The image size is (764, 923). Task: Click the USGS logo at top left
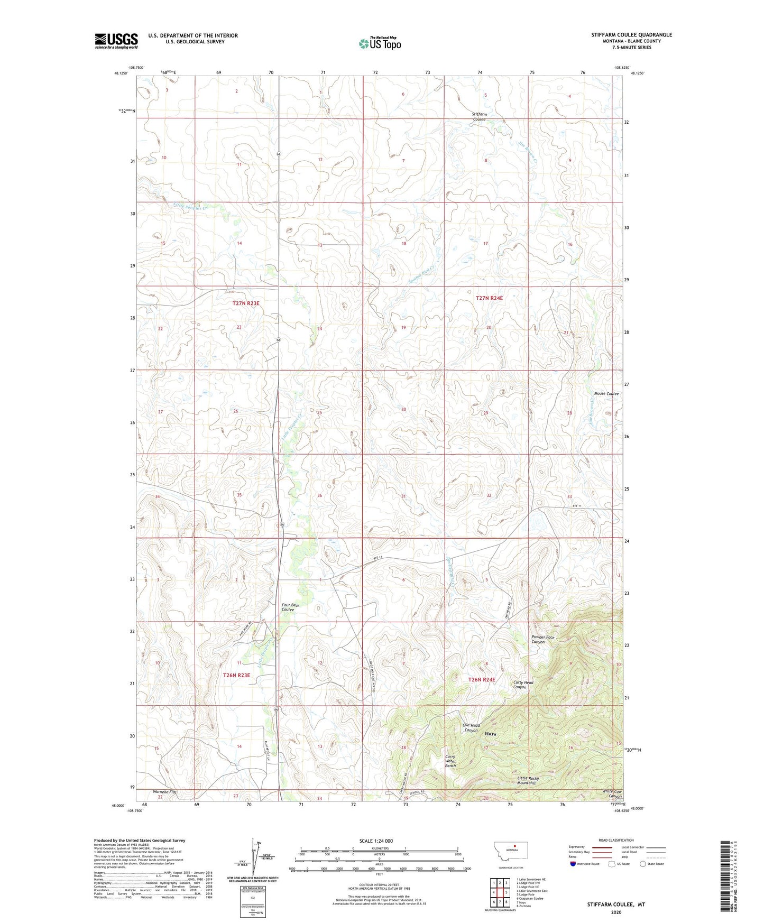click(116, 41)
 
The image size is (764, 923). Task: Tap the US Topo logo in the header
click(379, 43)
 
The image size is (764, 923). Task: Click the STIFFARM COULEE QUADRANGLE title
click(631, 35)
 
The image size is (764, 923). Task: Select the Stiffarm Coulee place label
click(480, 117)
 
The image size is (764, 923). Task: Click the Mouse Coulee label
click(606, 394)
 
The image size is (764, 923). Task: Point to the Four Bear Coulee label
click(290, 607)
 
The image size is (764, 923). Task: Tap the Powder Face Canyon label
click(543, 640)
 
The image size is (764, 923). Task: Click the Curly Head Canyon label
click(523, 685)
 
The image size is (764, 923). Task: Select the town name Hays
click(490, 734)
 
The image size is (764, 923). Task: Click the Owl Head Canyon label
click(470, 727)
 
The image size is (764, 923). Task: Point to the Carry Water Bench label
click(450, 761)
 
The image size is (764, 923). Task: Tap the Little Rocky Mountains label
click(534, 780)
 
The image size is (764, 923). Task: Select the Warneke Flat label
click(164, 792)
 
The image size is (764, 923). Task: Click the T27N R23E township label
click(246, 303)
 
